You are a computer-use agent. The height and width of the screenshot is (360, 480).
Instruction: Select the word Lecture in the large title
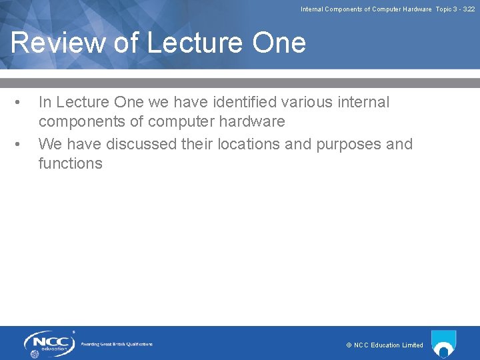point(188,43)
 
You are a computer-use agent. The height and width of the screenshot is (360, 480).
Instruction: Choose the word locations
point(262,144)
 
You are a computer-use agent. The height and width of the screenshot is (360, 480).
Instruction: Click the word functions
point(71,163)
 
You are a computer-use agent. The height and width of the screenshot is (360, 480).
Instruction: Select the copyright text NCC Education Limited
point(385,345)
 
